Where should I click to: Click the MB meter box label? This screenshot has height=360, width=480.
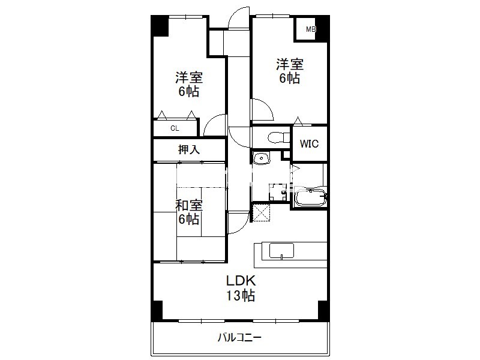pyautogui.click(x=311, y=29)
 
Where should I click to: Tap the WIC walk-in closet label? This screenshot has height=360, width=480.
pyautogui.click(x=309, y=143)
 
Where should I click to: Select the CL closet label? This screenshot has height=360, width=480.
pyautogui.click(x=175, y=128)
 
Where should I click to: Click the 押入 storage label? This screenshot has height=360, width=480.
pyautogui.click(x=189, y=149)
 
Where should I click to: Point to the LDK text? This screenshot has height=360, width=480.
pyautogui.click(x=241, y=280)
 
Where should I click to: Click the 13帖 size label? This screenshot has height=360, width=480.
pyautogui.click(x=241, y=296)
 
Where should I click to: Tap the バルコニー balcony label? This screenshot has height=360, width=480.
pyautogui.click(x=239, y=338)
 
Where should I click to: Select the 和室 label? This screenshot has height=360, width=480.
pyautogui.click(x=189, y=205)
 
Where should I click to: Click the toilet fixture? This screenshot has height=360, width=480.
pyautogui.click(x=278, y=137)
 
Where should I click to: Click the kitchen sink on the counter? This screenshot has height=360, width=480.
pyautogui.click(x=281, y=251)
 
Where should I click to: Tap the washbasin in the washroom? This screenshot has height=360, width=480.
pyautogui.click(x=261, y=158)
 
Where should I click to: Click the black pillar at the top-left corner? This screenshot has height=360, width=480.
pyautogui.click(x=160, y=25)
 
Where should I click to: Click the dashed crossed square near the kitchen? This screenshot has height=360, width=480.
pyautogui.click(x=262, y=213)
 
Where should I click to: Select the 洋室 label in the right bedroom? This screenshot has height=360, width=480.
pyautogui.click(x=290, y=65)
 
